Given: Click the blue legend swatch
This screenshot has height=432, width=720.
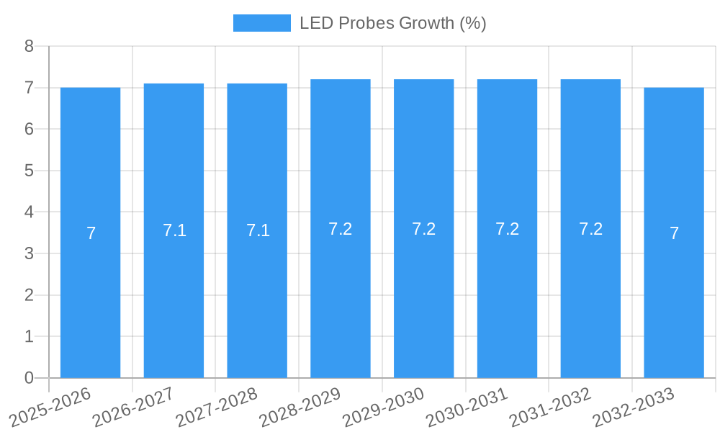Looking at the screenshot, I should coord(261,23).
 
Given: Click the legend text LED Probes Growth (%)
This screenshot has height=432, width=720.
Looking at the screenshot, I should coord(393,23).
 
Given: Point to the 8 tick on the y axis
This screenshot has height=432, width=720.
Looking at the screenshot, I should coord(29,46).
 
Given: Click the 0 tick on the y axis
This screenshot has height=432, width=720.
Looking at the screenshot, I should coord(29,378).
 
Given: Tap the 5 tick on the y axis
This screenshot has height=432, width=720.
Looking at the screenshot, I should coord(29,171).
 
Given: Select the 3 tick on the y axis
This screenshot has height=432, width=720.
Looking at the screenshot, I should coord(29,253).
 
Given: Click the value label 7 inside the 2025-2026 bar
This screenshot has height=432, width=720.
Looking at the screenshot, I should coord(91,233).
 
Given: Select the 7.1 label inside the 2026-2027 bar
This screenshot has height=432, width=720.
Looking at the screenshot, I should coord(174,230).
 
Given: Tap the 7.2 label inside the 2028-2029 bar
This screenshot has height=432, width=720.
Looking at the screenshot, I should coord(340,229).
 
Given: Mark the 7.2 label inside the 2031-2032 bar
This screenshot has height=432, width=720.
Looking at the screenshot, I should coord(590,229).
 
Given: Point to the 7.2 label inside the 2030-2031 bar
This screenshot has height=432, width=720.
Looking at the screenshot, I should coord(507,229).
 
